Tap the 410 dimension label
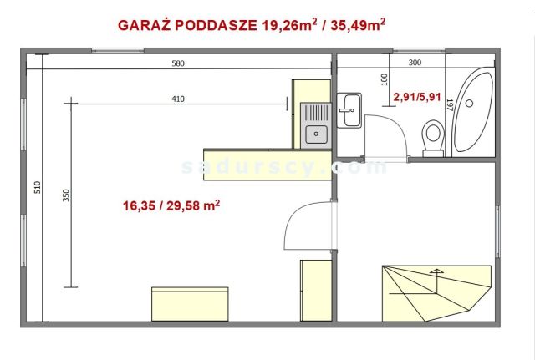177,99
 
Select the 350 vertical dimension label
66,197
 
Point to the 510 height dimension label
36,188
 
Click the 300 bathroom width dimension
415,62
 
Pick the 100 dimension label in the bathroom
385,79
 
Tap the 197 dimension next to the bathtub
449,105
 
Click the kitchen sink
316,132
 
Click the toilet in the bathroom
433,138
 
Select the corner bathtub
471,113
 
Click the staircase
433,292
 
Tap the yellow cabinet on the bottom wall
189,302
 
